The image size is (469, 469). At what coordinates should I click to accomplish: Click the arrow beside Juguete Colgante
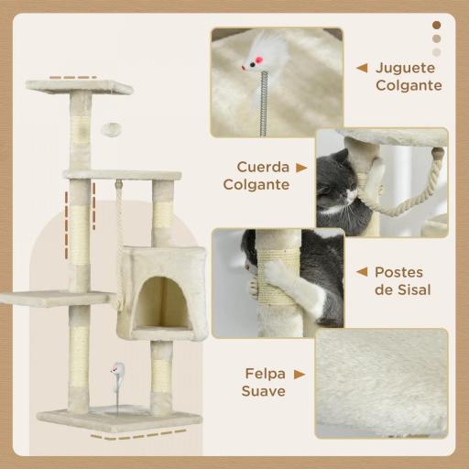pos(363,68)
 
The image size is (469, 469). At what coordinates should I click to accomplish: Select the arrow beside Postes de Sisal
pos(362,272)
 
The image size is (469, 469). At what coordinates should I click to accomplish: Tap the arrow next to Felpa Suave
pos(300,374)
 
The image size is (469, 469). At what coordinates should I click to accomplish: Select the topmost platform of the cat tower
pos(91,87)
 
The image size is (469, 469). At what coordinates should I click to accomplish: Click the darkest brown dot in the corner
pos(436,25)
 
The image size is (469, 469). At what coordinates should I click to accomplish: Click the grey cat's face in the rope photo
pos(329,179)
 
